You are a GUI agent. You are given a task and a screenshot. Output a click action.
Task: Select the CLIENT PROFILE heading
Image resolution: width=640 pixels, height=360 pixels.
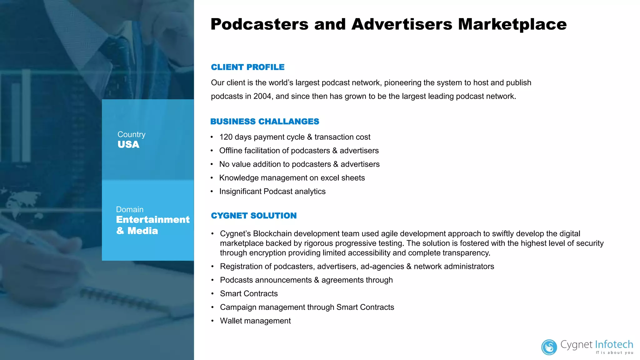(x=247, y=67)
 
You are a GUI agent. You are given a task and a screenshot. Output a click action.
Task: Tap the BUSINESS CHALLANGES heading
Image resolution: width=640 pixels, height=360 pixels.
(x=265, y=122)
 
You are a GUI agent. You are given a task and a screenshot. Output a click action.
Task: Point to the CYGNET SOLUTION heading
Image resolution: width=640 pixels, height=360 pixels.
(x=254, y=216)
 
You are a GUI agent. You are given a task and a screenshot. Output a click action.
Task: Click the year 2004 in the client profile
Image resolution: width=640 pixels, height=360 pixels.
(x=262, y=96)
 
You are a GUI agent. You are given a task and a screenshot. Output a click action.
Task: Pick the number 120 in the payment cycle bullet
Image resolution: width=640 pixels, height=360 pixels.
(x=226, y=137)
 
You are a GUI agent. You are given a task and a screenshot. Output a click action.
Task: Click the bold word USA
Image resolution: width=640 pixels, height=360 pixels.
(x=128, y=145)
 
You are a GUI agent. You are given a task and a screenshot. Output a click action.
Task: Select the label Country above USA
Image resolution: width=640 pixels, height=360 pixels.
(x=131, y=134)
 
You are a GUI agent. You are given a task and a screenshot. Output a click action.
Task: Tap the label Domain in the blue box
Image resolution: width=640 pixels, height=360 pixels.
(x=130, y=209)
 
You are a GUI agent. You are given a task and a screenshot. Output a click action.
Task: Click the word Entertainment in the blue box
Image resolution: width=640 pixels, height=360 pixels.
(x=153, y=220)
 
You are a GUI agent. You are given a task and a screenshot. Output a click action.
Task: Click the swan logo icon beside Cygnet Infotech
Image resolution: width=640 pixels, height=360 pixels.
(x=549, y=347)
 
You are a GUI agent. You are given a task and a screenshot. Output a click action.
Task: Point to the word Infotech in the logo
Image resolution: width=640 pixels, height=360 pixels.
(x=614, y=344)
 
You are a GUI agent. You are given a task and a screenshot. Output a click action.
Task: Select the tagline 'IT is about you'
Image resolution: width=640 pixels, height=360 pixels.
(x=614, y=353)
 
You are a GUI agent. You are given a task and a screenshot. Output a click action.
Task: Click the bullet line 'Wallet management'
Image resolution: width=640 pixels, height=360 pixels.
(x=255, y=321)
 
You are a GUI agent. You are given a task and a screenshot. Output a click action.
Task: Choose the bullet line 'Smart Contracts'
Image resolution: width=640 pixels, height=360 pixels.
(x=249, y=294)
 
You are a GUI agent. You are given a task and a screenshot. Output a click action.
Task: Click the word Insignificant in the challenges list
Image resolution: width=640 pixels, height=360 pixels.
(x=240, y=192)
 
